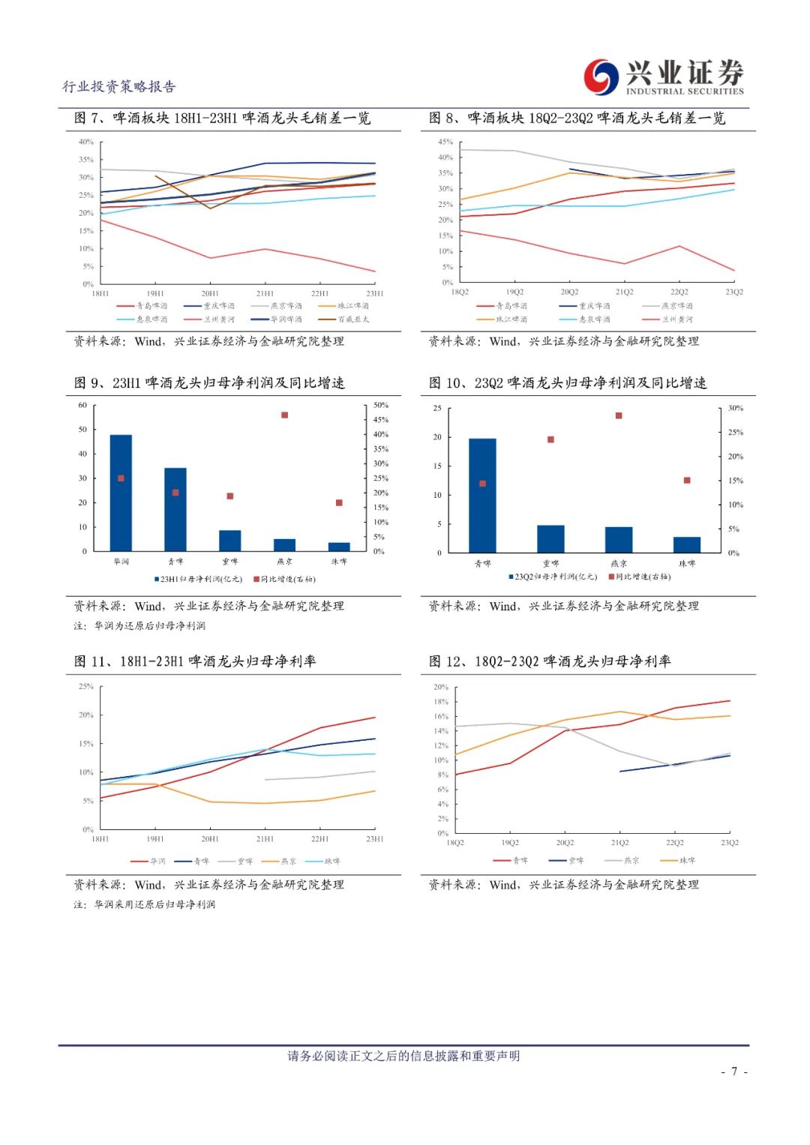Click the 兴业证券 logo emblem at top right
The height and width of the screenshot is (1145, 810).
(602, 77)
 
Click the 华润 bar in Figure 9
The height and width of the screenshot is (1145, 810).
(121, 493)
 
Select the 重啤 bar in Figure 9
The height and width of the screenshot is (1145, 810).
(229, 541)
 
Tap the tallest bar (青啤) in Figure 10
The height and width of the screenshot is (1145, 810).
(482, 496)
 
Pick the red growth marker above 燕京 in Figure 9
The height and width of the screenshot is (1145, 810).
(284, 415)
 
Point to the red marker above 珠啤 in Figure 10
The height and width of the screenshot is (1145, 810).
(687, 481)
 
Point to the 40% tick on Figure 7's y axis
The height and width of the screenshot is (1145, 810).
(85, 142)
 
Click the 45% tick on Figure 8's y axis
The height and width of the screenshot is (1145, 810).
(445, 142)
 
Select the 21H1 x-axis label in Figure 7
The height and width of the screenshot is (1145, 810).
(265, 294)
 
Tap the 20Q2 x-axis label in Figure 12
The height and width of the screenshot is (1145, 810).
(565, 843)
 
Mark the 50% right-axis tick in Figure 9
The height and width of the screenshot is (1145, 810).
(381, 405)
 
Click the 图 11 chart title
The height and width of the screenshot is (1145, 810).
(195, 661)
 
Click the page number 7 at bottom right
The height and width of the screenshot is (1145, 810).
(734, 1072)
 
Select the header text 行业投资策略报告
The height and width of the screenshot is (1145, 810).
(118, 87)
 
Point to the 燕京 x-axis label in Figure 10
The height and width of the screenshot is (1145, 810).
(619, 563)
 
